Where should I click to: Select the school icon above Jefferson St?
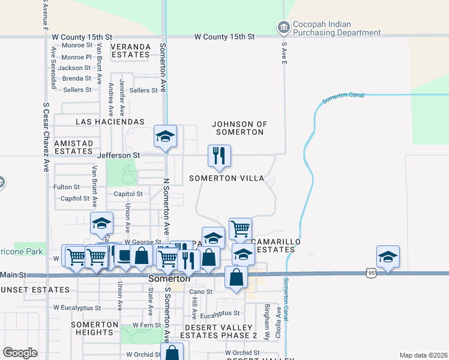coord(165,136)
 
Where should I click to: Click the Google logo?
coord(20,353)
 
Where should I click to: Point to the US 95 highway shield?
coord(371,273)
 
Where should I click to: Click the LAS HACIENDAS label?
coord(110,121)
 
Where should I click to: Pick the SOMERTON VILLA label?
coord(226,178)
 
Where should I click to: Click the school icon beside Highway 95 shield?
coord(388,256)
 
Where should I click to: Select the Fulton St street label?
coord(67,187)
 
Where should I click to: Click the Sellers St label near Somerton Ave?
coord(143,90)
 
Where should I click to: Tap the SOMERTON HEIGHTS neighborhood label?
coord(95,328)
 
